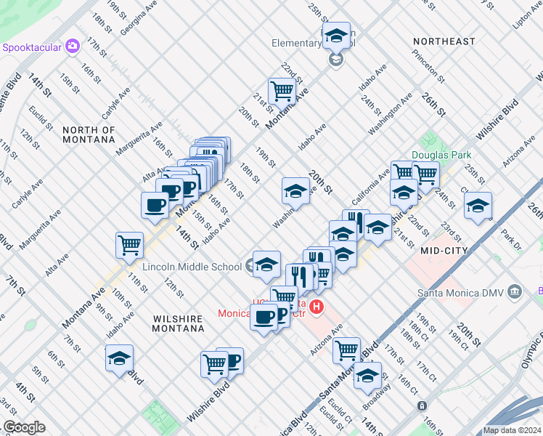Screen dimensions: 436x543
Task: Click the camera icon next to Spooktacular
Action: tap(72, 47)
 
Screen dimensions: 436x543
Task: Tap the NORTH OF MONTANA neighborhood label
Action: tap(89, 135)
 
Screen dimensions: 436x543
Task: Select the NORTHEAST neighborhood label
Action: tap(443, 41)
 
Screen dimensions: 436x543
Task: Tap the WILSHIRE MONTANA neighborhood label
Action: tap(179, 323)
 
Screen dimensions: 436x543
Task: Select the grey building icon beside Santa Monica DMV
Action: tap(515, 292)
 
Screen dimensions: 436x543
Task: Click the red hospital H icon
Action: tap(316, 308)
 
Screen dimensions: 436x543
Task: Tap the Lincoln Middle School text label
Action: tap(193, 266)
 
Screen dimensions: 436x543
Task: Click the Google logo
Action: tap(23, 427)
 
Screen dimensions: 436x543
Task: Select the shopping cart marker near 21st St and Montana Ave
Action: tap(282, 92)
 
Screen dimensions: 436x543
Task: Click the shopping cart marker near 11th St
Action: tap(129, 245)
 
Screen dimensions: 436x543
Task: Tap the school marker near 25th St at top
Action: tap(335, 35)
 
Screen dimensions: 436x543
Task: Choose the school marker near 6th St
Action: tap(119, 358)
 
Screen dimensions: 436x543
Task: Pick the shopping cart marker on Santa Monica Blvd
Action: tap(346, 350)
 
